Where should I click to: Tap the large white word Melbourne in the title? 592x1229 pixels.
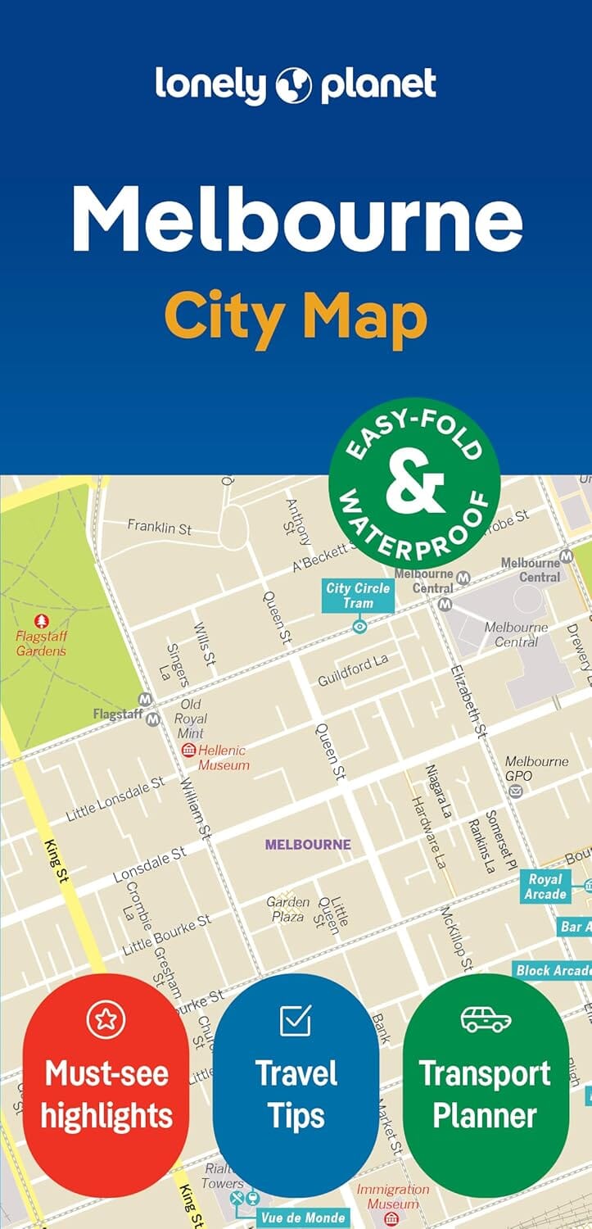coord(296,218)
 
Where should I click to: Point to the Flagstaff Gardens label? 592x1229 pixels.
coord(41,643)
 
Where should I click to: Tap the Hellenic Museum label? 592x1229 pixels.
coord(223,758)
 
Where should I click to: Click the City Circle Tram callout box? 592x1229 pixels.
coord(359,596)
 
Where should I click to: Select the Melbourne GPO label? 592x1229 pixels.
coord(536,769)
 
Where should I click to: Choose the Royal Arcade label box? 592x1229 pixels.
coord(545,887)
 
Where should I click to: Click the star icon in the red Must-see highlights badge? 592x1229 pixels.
coord(106,1019)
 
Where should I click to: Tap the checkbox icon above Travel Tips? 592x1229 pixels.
coord(296,1019)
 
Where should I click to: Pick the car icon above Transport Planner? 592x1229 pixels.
coord(486,1019)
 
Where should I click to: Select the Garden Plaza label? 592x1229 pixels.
coord(288,909)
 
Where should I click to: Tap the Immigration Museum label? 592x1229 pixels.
coord(392,1196)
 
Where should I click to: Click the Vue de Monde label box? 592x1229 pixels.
coord(303,1218)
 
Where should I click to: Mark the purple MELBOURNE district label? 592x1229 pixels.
coord(308,844)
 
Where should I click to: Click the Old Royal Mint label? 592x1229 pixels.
coord(191,719)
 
